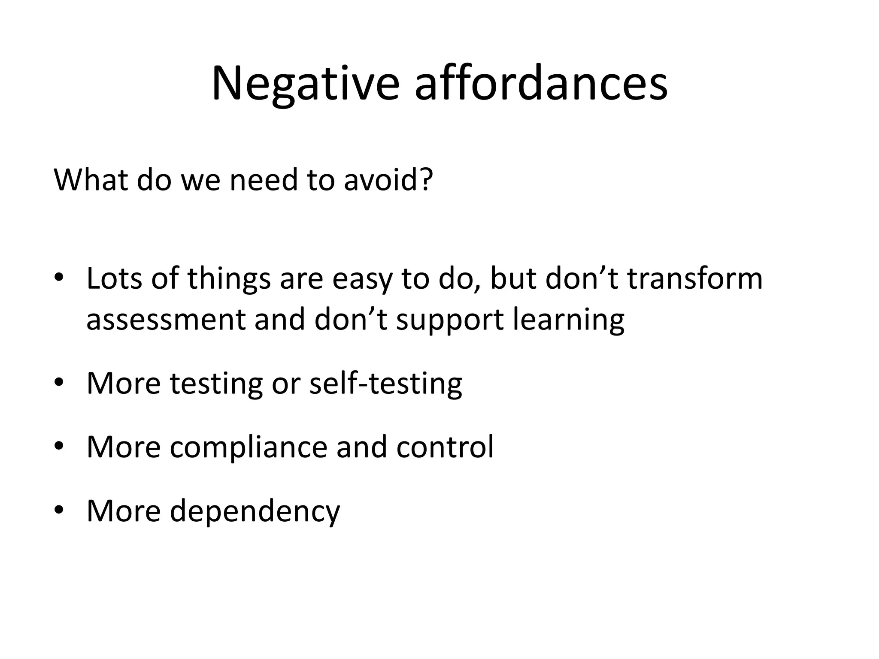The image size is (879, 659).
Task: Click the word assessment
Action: point(166,320)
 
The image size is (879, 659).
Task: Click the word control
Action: point(445,447)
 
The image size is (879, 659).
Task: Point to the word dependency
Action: point(255,511)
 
